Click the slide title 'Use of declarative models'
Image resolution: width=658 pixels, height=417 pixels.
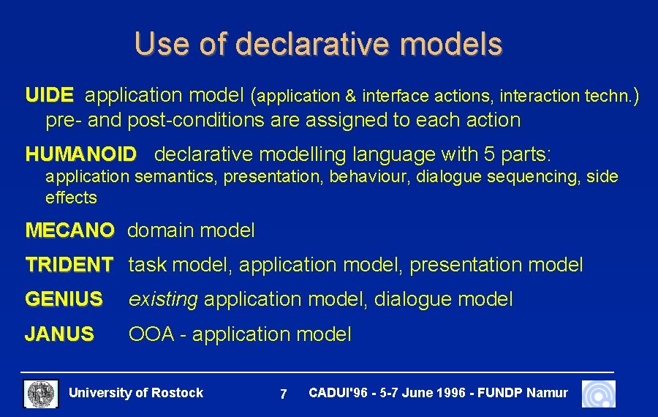pos(318,44)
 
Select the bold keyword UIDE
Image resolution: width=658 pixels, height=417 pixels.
pos(49,95)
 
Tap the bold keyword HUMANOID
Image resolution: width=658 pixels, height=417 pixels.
pos(80,154)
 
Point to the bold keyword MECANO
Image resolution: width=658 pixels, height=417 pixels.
pos(69,231)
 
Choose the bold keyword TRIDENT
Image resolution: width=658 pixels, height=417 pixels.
pos(69,265)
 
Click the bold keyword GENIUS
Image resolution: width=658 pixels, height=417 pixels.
pos(64,299)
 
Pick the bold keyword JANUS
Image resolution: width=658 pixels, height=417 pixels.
pos(59,334)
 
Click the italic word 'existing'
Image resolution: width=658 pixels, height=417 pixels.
pos(162,299)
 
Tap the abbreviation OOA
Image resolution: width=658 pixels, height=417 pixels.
pos(151,334)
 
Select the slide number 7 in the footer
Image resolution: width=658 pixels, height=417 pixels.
pos(283,394)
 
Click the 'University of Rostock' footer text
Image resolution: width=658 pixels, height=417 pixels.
pos(135,393)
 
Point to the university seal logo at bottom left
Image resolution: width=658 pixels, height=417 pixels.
pos(41,394)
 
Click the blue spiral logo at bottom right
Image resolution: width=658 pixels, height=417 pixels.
pos(598,394)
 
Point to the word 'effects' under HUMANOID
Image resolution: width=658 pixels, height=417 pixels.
pos(71,198)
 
